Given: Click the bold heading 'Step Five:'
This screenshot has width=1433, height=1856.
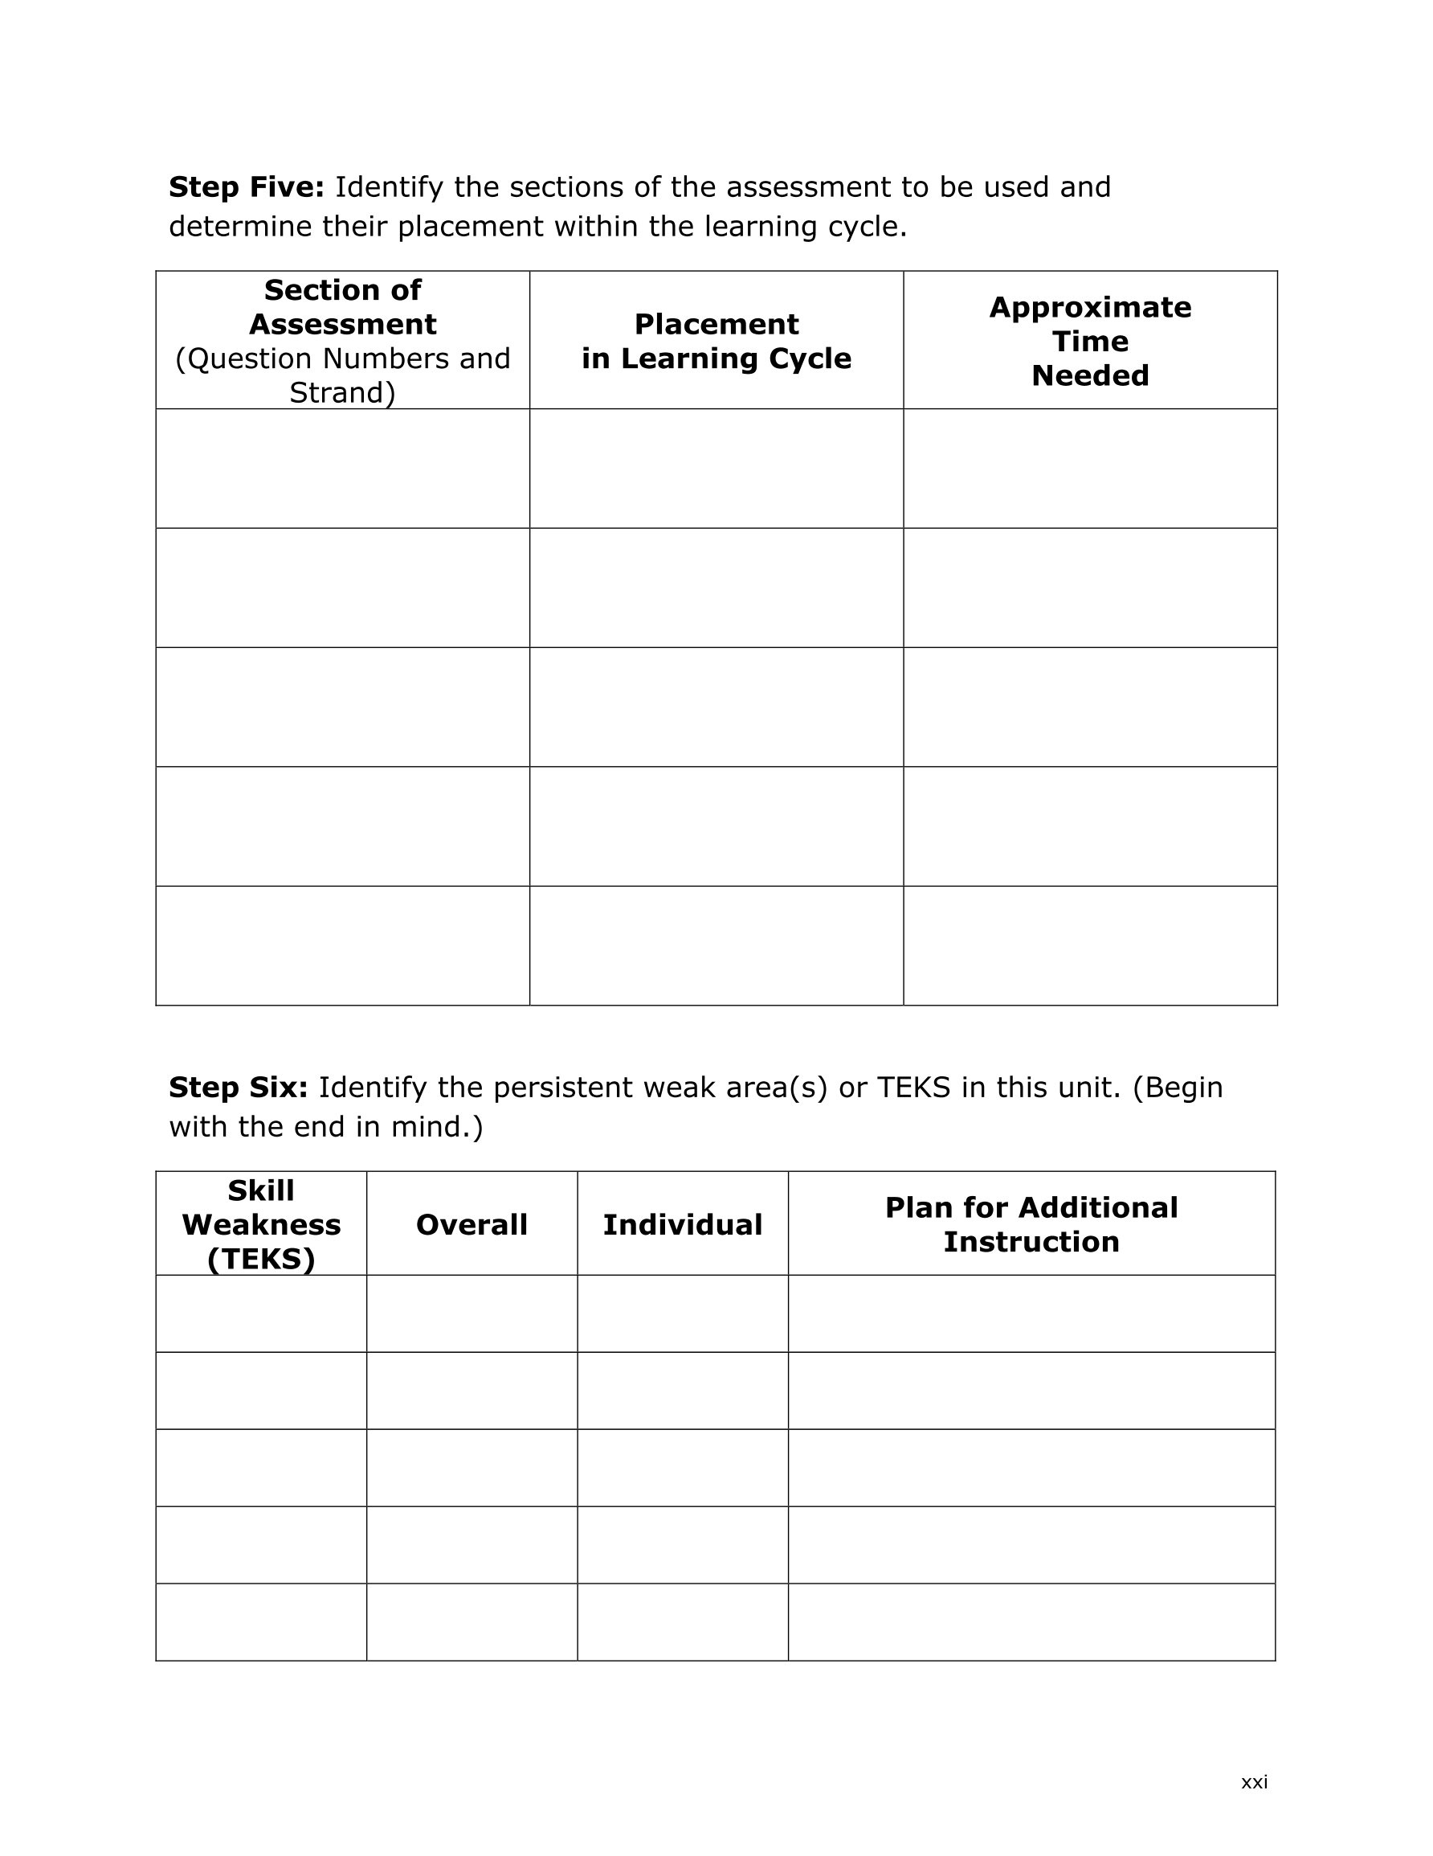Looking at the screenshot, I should [247, 187].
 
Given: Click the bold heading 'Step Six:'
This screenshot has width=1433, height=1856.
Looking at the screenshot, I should [238, 1087].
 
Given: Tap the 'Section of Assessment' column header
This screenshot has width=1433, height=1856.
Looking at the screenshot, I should [342, 307].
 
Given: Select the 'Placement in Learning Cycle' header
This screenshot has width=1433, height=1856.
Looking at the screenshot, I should [716, 341].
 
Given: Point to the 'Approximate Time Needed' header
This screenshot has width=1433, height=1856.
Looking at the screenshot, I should [1090, 341].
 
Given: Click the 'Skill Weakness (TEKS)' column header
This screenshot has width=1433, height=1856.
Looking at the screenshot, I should [261, 1223].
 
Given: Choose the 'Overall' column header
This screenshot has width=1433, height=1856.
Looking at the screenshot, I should [472, 1224].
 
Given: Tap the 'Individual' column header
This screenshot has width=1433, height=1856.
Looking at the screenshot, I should [682, 1224].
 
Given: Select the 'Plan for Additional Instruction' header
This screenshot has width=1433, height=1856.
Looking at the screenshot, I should [1031, 1224].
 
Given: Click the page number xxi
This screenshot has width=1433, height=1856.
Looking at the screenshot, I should [1254, 1782].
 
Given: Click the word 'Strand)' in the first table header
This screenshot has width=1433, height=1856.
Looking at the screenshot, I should [342, 392].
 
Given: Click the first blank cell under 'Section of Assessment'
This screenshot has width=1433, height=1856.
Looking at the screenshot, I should [342, 469].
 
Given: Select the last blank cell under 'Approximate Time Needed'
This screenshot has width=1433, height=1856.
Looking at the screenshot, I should [1090, 946].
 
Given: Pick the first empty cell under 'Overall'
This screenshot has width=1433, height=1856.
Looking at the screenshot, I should [472, 1313].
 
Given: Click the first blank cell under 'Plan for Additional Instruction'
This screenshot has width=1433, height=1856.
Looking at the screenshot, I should [1031, 1313].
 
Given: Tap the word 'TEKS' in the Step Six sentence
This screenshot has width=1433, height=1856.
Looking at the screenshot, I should [913, 1087].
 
